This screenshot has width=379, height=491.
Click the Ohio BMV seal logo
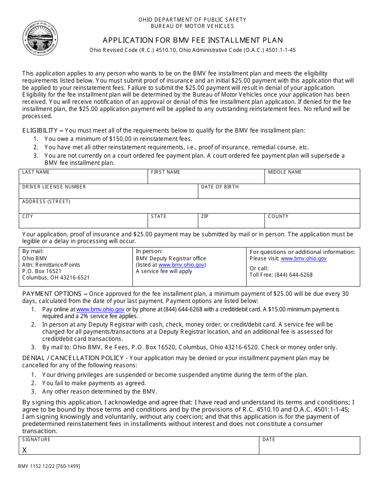[40, 38]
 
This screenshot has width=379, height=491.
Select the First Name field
[206, 178]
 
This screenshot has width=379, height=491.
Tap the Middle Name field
[312, 178]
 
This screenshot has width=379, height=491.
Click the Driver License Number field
[108, 193]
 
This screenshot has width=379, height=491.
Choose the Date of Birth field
[279, 193]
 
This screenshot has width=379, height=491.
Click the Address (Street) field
[189, 208]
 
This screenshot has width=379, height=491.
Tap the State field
[173, 223]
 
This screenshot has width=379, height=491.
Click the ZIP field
[231, 223]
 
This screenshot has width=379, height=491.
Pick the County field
[312, 223]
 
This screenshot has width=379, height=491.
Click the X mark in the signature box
[24, 450]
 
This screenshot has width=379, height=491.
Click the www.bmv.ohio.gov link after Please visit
[303, 259]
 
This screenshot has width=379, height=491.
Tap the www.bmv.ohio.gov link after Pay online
[100, 309]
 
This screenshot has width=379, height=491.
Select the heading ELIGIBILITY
[40, 131]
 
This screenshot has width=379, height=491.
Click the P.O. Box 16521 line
[42, 271]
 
